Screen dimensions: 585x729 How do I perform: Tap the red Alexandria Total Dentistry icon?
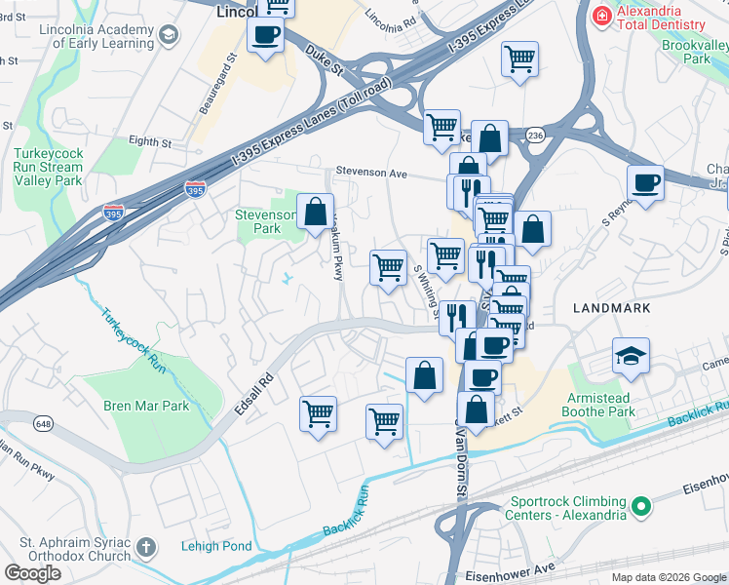click(602, 16)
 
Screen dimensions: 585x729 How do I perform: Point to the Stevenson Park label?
click(265, 221)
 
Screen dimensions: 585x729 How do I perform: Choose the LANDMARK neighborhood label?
click(611, 307)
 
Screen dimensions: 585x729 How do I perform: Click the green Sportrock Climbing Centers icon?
click(640, 506)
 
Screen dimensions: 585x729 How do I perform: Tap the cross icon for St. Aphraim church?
click(146, 548)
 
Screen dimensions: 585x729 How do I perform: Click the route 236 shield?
click(534, 136)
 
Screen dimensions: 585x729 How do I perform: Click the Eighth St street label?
click(149, 142)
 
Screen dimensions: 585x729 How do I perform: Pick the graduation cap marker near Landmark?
click(630, 357)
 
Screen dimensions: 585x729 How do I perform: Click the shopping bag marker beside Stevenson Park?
click(315, 212)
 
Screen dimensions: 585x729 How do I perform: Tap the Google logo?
click(32, 572)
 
